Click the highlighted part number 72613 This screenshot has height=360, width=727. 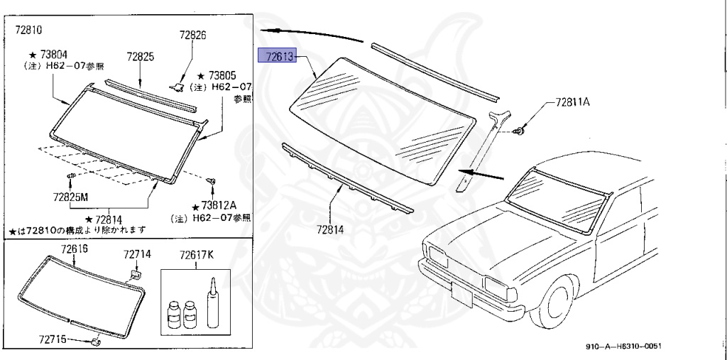pyautogui.click(x=280, y=56)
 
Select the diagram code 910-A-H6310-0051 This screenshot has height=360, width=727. pyautogui.click(x=628, y=345)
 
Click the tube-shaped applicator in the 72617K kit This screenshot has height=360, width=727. pyautogui.click(x=212, y=305)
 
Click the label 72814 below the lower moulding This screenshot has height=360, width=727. pyautogui.click(x=329, y=231)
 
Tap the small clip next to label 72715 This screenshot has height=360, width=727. pyautogui.click(x=97, y=342)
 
